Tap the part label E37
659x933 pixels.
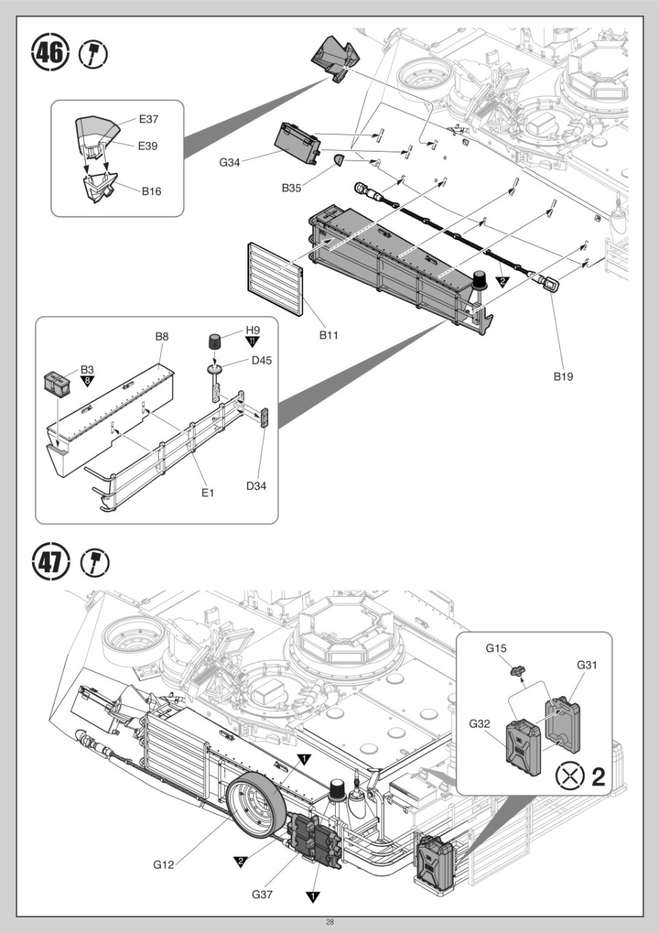click(x=149, y=119)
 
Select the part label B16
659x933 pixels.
click(x=151, y=192)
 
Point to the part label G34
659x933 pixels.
click(x=229, y=162)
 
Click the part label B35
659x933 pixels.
click(x=292, y=187)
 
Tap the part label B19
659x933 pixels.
click(x=563, y=376)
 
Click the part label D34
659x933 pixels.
click(x=256, y=485)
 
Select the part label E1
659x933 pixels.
click(x=208, y=493)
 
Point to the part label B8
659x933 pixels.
click(x=162, y=337)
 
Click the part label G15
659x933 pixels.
click(x=497, y=648)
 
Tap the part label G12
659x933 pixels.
click(x=163, y=864)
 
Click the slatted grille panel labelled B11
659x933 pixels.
click(x=275, y=280)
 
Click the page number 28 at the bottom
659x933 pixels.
click(x=329, y=923)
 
